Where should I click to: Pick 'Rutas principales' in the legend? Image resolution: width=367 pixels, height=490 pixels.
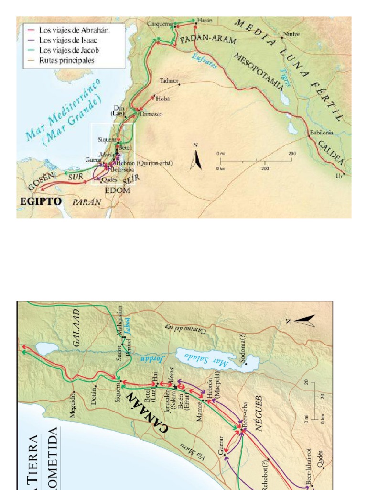[x=66, y=61]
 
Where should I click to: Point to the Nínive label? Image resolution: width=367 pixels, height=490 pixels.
[x=291, y=34]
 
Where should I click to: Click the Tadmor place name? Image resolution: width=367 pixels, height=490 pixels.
[x=169, y=81]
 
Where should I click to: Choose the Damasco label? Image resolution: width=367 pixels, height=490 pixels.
[x=151, y=115]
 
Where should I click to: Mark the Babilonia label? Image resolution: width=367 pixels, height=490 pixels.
[x=321, y=133]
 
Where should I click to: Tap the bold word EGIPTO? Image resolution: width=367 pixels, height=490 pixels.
[x=41, y=201]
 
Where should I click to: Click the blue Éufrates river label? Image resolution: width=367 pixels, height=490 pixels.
[x=204, y=61]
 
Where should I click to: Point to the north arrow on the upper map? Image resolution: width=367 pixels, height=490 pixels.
[x=195, y=158]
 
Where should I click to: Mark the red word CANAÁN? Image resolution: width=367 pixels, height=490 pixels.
[x=148, y=412]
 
